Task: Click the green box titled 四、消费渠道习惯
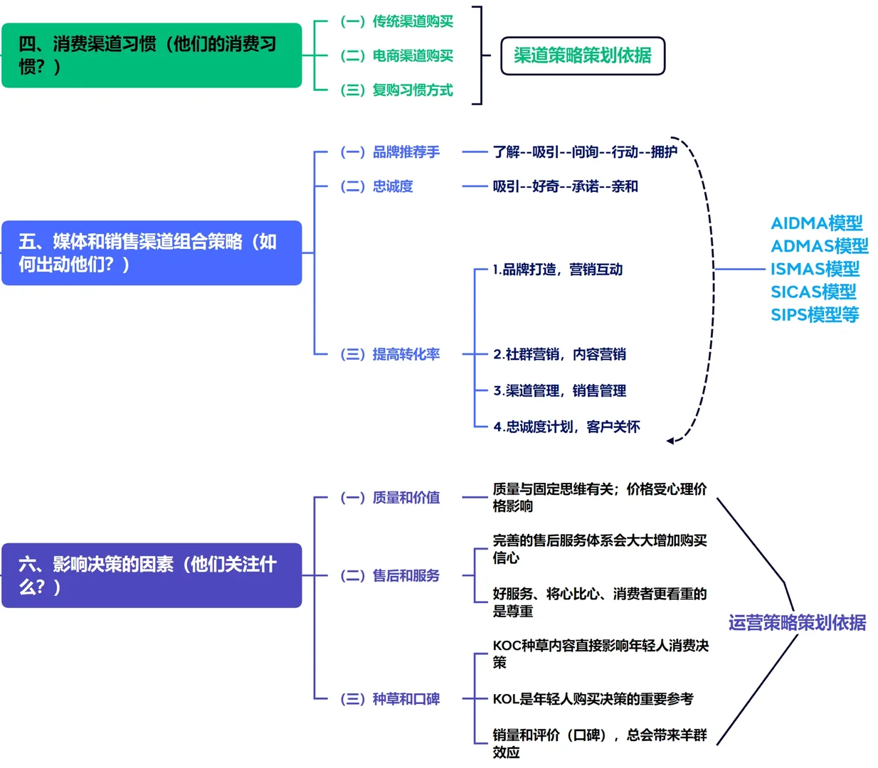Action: pyautogui.click(x=152, y=55)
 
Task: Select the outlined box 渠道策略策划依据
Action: pyautogui.click(x=583, y=55)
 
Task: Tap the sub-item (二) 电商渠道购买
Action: pyautogui.click(x=396, y=55)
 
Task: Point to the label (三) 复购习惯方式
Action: pyautogui.click(x=396, y=90)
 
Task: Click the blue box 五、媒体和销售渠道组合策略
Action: pyautogui.click(x=152, y=253)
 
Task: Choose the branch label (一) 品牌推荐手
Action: pyautogui.click(x=390, y=152)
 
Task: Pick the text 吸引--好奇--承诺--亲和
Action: pyautogui.click(x=566, y=186)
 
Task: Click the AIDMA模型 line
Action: pyautogui.click(x=817, y=223)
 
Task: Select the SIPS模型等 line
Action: pyautogui.click(x=815, y=314)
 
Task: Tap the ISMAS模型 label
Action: pyautogui.click(x=815, y=269)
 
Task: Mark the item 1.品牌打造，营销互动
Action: pyautogui.click(x=558, y=270)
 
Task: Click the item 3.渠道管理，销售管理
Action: pyautogui.click(x=560, y=390)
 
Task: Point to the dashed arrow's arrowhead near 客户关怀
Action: pyautogui.click(x=670, y=441)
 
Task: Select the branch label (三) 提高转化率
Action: pyautogui.click(x=390, y=354)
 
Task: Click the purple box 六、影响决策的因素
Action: pyautogui.click(x=152, y=575)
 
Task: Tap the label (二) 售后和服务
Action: pyautogui.click(x=390, y=575)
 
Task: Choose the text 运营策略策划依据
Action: pyautogui.click(x=797, y=623)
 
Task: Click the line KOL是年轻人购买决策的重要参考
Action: pyautogui.click(x=593, y=699)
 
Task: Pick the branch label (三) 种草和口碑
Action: pyautogui.click(x=390, y=699)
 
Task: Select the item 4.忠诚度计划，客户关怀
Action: pyautogui.click(x=567, y=427)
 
